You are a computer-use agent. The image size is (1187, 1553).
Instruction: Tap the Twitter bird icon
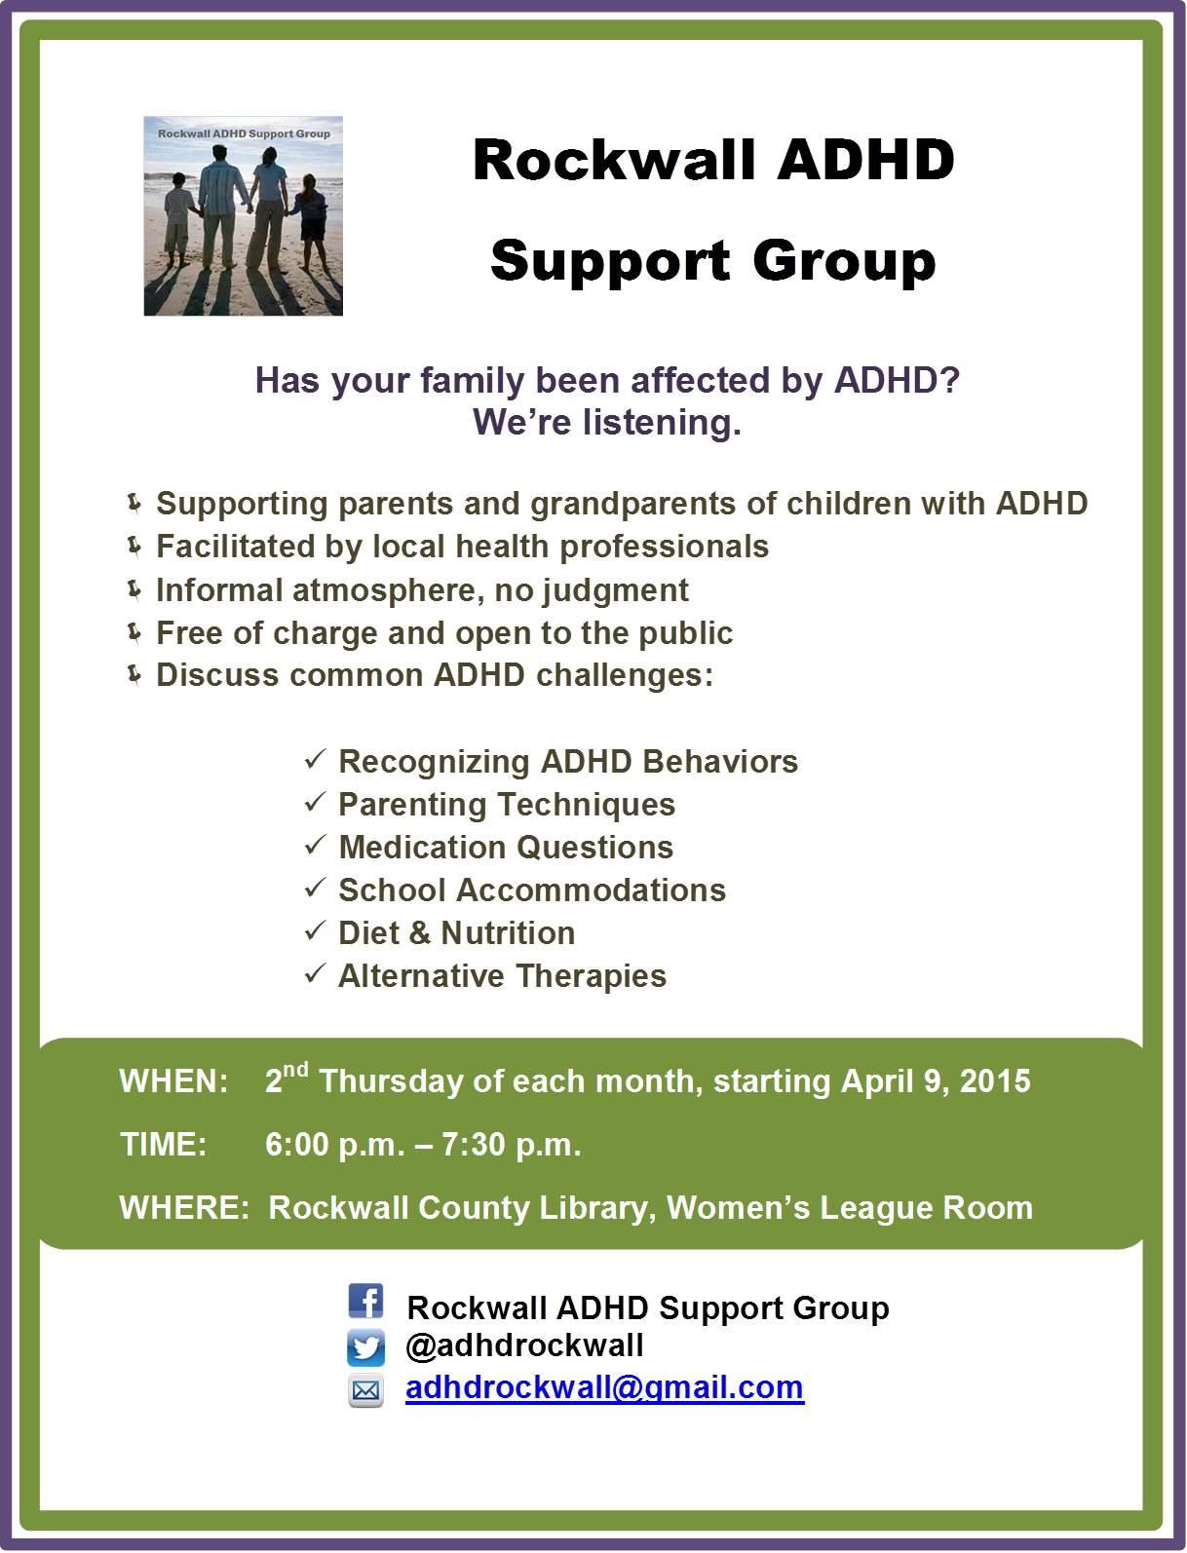(x=365, y=1348)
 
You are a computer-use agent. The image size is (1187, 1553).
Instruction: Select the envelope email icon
(x=365, y=1390)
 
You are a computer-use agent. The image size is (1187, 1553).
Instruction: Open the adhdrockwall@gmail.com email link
(x=604, y=1387)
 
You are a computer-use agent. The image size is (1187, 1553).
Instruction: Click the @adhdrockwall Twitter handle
(x=524, y=1346)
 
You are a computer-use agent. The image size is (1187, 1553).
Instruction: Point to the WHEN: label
(x=173, y=1082)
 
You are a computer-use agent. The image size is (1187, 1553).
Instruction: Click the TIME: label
(x=163, y=1145)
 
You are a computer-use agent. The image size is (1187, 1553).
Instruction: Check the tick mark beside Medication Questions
(x=315, y=846)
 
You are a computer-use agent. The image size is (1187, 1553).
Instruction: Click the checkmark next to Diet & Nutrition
(x=315, y=931)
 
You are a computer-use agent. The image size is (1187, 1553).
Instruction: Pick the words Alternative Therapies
(x=502, y=976)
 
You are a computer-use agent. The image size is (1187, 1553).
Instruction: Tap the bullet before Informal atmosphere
(x=134, y=589)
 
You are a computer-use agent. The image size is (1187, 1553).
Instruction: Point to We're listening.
(x=607, y=423)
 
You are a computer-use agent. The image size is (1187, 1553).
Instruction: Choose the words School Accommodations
(x=531, y=890)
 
